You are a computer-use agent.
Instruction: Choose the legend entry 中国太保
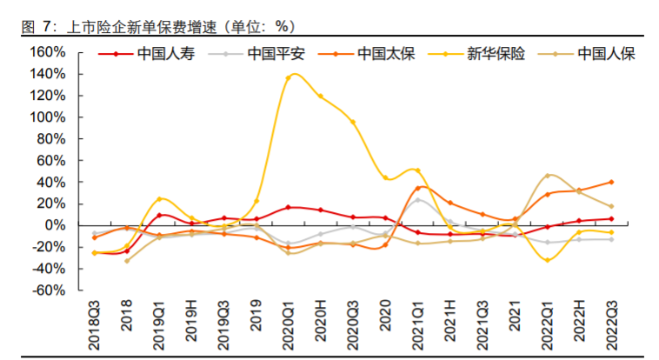pos(385,54)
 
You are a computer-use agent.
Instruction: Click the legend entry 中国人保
pos(607,54)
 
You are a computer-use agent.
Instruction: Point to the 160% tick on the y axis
pos(48,52)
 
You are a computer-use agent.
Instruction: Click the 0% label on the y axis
pos(54,225)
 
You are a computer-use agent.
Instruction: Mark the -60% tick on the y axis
pos(48,290)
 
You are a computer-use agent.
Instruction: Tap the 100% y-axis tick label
pos(48,117)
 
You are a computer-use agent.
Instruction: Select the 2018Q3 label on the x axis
pos(95,322)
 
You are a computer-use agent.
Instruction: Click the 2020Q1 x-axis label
pos(289,322)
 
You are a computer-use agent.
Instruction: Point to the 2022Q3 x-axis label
pos(611,322)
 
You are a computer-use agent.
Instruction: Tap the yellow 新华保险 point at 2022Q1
pos(547,260)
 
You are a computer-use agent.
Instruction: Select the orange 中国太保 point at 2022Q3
pos(611,182)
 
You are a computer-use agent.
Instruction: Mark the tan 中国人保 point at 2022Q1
pos(547,176)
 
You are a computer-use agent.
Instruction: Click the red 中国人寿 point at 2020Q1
pos(289,207)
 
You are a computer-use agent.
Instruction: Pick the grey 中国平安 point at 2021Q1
pos(417,200)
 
